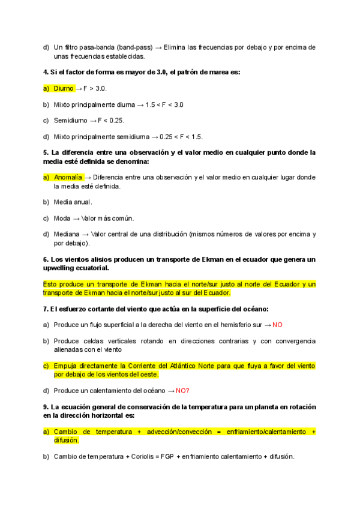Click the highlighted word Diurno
click(64, 88)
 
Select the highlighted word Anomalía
click(68, 178)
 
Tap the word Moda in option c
click(62, 218)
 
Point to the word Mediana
click(67, 234)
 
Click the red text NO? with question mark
click(182, 391)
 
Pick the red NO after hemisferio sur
click(277, 325)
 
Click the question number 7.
click(46, 309)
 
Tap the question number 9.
click(46, 407)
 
